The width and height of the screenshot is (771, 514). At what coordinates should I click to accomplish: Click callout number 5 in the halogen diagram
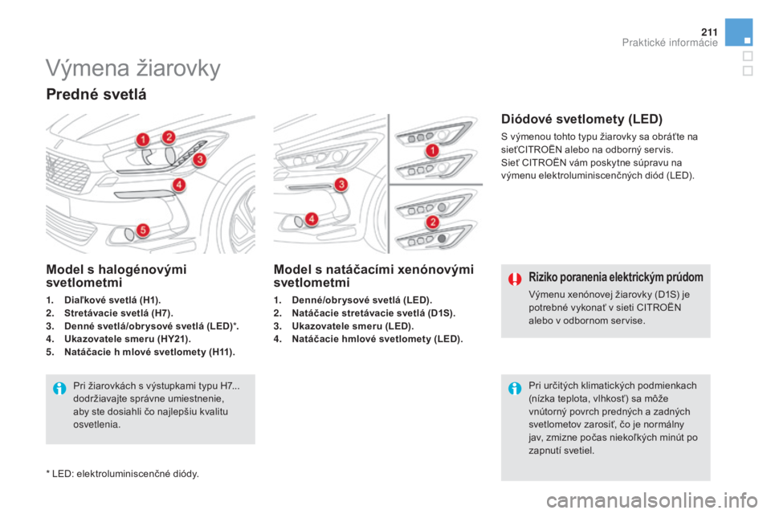pyautogui.click(x=143, y=230)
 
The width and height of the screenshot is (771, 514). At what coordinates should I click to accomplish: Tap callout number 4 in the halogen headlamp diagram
pyautogui.click(x=179, y=185)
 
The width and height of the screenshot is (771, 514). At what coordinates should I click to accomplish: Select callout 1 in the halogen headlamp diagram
pyautogui.click(x=143, y=140)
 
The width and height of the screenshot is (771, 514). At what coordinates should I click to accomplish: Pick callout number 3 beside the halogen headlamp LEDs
pyautogui.click(x=200, y=159)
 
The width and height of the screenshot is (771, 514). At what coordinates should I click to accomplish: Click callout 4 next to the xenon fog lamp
pyautogui.click(x=312, y=218)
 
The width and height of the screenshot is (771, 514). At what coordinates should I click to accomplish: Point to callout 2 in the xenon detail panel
pyautogui.click(x=433, y=222)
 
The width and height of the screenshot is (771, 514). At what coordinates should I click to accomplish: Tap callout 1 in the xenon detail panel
pyautogui.click(x=432, y=150)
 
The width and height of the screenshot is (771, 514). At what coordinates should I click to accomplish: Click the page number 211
pyautogui.click(x=709, y=32)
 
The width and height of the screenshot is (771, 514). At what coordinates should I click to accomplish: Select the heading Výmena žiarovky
pyautogui.click(x=133, y=68)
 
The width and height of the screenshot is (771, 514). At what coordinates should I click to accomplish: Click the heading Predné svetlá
pyautogui.click(x=96, y=94)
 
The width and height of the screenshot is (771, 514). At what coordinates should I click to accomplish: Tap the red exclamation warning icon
pyautogui.click(x=515, y=279)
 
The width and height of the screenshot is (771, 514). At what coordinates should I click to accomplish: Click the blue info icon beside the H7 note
pyautogui.click(x=59, y=389)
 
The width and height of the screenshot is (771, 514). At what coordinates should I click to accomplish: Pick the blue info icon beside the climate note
pyautogui.click(x=515, y=389)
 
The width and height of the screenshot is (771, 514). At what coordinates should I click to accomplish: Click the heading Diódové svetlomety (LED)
pyautogui.click(x=581, y=119)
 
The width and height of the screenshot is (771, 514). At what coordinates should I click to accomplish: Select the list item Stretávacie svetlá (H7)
pyautogui.click(x=119, y=313)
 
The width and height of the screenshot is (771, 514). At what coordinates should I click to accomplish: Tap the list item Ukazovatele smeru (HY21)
pyautogui.click(x=128, y=339)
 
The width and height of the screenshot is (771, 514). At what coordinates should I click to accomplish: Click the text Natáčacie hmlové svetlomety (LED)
pyautogui.click(x=377, y=339)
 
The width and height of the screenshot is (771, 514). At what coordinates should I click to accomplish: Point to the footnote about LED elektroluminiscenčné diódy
pyautogui.click(x=122, y=474)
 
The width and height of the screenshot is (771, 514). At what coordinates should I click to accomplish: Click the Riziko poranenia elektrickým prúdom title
pyautogui.click(x=616, y=277)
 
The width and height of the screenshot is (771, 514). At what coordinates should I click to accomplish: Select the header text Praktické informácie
pyautogui.click(x=670, y=43)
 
